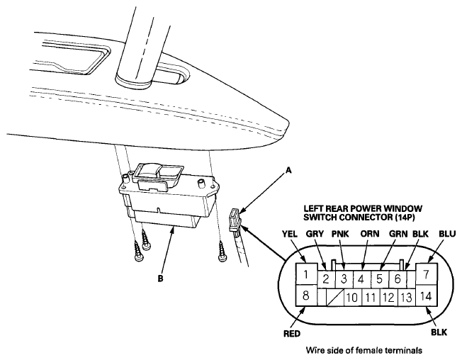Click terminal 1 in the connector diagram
(x=305, y=274)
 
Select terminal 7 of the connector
(x=427, y=274)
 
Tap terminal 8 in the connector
(x=305, y=296)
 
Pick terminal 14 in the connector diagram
(x=427, y=296)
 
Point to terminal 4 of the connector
(x=361, y=279)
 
